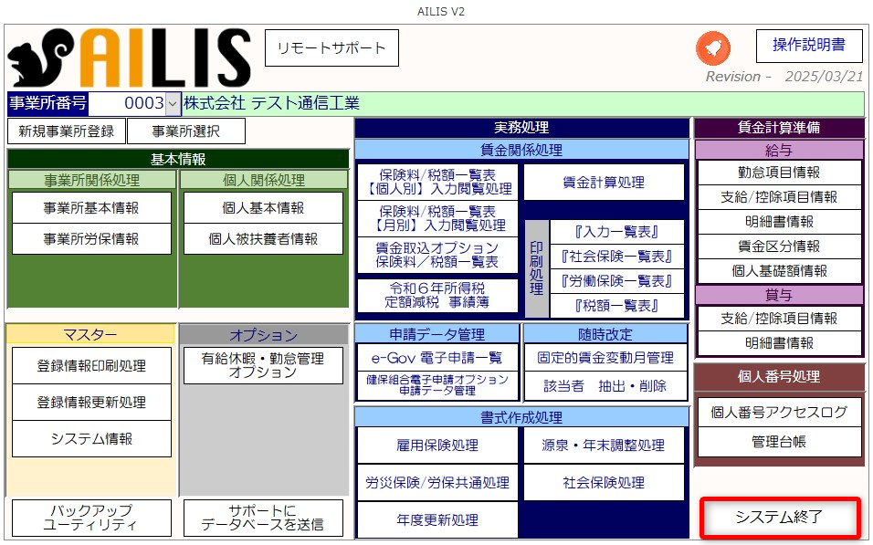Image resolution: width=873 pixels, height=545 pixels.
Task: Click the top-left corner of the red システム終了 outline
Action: (x=701, y=498)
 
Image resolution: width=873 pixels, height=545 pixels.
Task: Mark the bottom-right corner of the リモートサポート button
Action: (x=399, y=67)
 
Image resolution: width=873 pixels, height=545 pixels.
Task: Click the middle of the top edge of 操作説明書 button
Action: (x=809, y=29)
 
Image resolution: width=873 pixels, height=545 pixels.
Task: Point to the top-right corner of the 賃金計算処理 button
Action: (x=684, y=164)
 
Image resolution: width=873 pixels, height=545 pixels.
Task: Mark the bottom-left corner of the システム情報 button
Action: (x=12, y=457)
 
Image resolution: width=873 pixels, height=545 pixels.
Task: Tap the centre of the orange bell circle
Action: (x=713, y=48)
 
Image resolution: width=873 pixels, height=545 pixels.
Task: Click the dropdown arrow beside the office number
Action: (x=173, y=103)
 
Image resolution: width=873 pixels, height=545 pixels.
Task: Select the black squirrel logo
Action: (x=40, y=58)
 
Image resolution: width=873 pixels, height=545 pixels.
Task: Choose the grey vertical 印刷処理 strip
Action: (x=537, y=269)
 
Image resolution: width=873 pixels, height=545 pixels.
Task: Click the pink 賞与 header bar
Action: (x=779, y=295)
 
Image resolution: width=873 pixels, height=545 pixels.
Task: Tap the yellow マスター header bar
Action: (x=90, y=334)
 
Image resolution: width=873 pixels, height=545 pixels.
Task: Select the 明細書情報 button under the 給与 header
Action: (x=779, y=222)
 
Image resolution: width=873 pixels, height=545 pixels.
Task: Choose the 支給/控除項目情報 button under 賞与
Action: (x=779, y=319)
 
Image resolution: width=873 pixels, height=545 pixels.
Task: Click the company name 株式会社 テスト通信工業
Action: (x=272, y=103)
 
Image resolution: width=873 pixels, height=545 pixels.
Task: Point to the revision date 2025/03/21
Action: (x=824, y=77)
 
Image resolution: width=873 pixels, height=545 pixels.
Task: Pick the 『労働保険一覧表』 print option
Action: (x=617, y=281)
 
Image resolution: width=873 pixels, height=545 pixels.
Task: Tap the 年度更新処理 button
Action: (x=437, y=520)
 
